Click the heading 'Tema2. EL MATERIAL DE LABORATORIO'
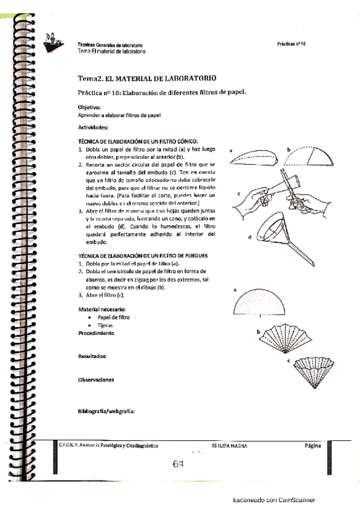pos(147,79)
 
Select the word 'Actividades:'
pos(93,127)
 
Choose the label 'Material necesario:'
pos(97,309)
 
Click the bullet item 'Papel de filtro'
pos(113,317)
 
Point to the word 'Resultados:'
pos(92,357)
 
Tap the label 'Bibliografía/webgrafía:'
pos(106,411)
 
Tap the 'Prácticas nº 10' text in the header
pos(291,45)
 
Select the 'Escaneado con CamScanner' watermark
pos(273,500)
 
